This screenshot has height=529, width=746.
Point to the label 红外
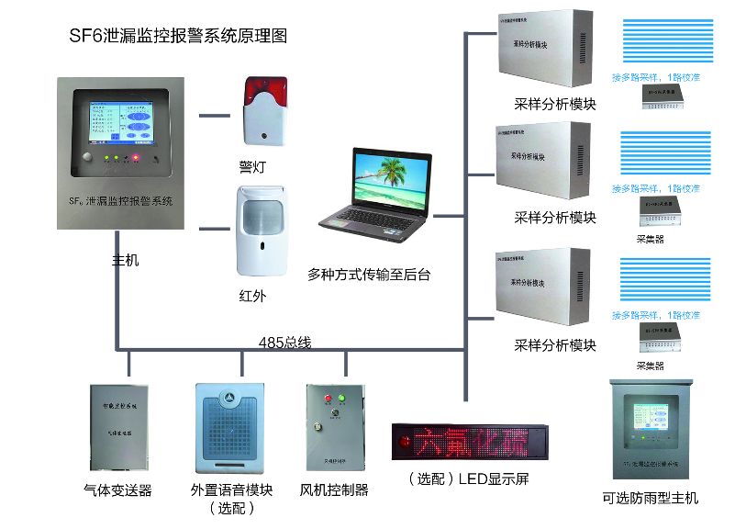[252, 296]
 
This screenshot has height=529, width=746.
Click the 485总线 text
[284, 343]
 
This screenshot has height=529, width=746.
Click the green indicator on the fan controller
[341, 399]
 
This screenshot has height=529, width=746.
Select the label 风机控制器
[334, 490]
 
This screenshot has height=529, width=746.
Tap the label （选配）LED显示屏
[468, 478]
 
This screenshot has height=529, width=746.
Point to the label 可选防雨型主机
[651, 498]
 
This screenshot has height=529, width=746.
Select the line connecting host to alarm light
[214, 116]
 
